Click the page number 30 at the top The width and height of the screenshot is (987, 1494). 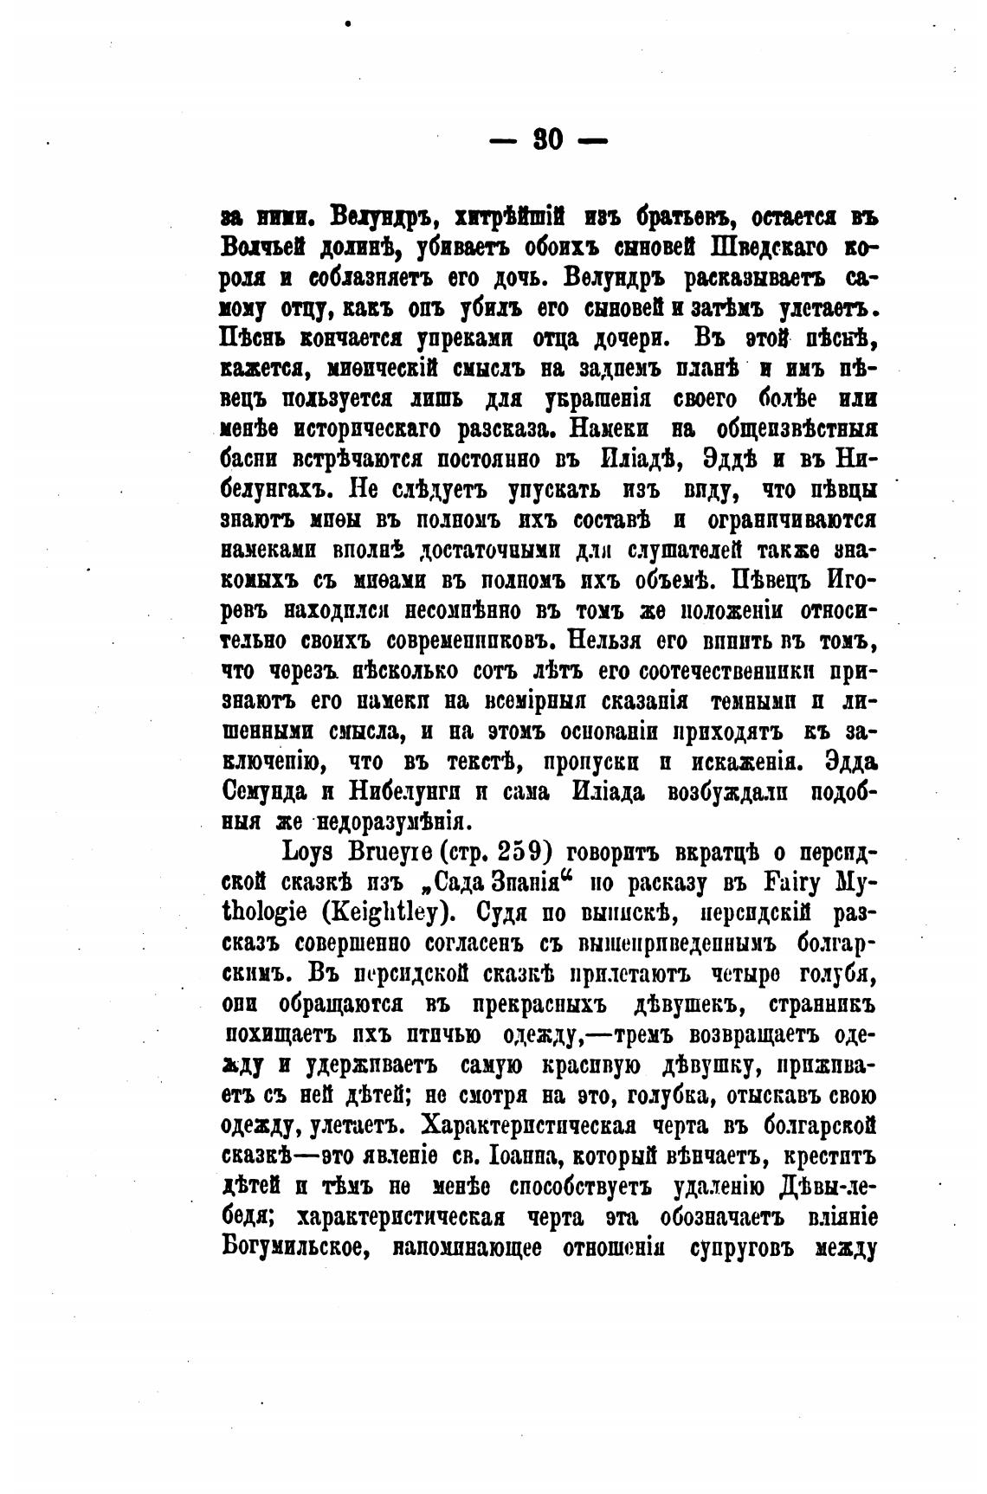click(x=549, y=138)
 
